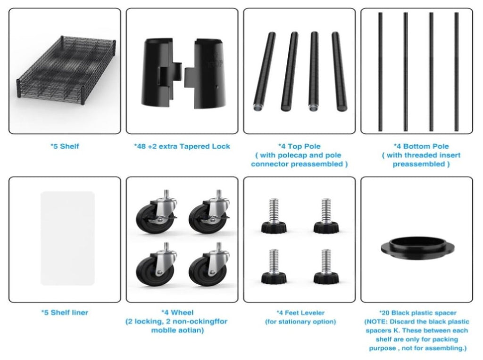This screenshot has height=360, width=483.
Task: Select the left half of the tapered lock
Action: pos(162,73)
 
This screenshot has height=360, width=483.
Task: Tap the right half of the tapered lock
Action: pos(205,74)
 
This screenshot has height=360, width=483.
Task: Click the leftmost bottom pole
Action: pos(381,72)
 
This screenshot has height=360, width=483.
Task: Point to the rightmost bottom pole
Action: pos(456,72)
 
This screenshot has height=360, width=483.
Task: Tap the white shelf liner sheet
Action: pos(67,238)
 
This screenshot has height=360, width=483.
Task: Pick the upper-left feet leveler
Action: pos(274,216)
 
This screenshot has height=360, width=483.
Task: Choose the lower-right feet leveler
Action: pos(326,266)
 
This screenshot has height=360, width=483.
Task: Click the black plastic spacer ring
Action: pos(418,246)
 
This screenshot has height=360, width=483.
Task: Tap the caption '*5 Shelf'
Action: pos(65,146)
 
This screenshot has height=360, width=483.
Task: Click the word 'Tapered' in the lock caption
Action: pos(193,146)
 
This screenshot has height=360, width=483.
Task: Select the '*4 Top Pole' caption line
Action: pos(299,146)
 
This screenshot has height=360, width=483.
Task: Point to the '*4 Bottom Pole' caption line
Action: pos(421,146)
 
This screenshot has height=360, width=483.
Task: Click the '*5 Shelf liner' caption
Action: pos(65,312)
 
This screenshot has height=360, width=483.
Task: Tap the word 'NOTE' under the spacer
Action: pos(377,322)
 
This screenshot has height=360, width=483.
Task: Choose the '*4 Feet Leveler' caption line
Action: pos(300,313)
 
